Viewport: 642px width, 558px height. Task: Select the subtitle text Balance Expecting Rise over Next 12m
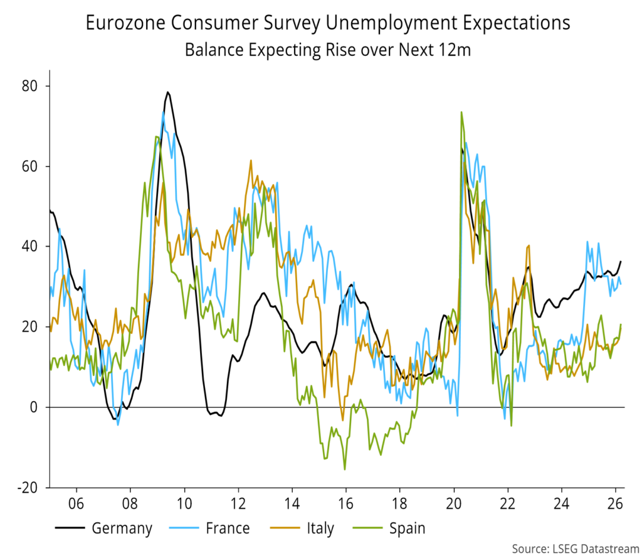coord(327,50)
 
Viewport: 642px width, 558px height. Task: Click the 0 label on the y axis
coord(34,407)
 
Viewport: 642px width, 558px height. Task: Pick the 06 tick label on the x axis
coord(76,503)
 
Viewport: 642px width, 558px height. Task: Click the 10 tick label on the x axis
coord(184,503)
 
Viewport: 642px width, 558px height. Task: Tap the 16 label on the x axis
coord(345,503)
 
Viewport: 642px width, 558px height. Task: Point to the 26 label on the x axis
coord(615,503)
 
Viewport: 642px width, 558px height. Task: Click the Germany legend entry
coord(122,528)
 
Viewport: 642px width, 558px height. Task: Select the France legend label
coord(227,528)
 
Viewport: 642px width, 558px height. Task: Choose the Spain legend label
coord(407,528)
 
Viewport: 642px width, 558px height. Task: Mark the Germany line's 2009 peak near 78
coord(167,92)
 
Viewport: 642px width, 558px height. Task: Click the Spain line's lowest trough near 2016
coord(344,469)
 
